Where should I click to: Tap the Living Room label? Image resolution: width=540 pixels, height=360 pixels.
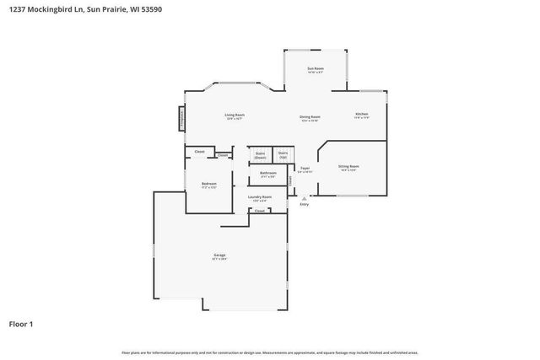tap(234, 116)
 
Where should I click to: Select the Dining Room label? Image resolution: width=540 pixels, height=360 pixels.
tap(310, 117)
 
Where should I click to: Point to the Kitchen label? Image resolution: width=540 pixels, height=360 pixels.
tap(361, 114)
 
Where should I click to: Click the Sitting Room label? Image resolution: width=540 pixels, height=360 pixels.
tap(348, 167)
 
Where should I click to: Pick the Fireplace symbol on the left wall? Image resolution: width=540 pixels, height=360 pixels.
tap(181, 119)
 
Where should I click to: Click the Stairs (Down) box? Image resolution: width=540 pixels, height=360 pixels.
tap(261, 156)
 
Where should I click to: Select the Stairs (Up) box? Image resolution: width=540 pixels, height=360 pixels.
tap(283, 156)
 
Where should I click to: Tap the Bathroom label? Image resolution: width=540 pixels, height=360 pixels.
tap(268, 174)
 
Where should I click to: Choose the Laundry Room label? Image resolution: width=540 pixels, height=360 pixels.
tap(259, 197)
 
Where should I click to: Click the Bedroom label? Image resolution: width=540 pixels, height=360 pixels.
tap(208, 185)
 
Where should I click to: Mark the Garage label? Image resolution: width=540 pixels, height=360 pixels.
tap(219, 255)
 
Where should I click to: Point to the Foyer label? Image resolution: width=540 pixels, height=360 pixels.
tap(305, 169)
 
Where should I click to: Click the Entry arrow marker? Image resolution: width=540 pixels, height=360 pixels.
tap(304, 197)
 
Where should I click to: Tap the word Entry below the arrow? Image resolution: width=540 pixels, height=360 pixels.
tap(304, 204)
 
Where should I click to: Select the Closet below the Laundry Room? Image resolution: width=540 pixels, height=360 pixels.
tap(260, 210)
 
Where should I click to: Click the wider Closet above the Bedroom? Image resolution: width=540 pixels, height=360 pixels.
tap(200, 152)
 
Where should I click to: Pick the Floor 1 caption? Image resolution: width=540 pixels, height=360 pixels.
tap(22, 323)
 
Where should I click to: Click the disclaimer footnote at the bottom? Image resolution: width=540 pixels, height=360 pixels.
tap(270, 352)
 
